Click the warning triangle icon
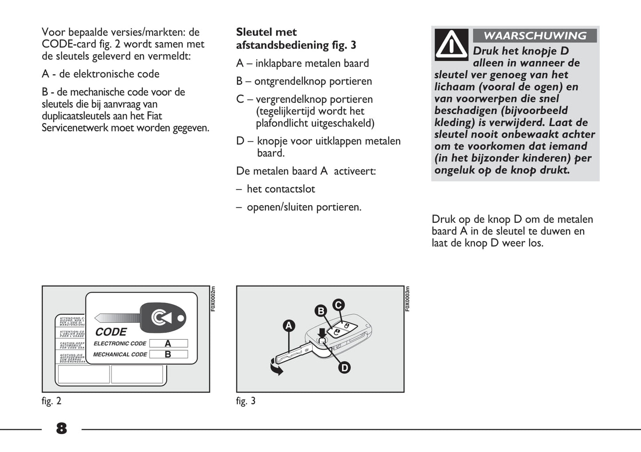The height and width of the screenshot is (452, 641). point(451,45)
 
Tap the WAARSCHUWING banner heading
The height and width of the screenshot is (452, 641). point(535,36)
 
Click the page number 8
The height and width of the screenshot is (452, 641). point(62,428)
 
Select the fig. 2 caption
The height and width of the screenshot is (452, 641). point(51,401)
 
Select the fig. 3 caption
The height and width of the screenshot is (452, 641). point(246,401)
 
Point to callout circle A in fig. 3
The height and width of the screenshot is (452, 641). point(289,326)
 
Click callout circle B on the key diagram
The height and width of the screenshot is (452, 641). point(320,311)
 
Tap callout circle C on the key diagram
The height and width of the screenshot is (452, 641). point(338,305)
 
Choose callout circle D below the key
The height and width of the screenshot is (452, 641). point(344,368)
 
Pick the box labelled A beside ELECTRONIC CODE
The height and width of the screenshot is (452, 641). point(168,343)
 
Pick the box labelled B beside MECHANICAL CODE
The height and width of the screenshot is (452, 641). point(168,354)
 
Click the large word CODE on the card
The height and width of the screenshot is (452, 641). point(111,332)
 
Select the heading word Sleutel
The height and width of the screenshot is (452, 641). point(254,32)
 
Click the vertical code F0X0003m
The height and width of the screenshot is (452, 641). point(407,298)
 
